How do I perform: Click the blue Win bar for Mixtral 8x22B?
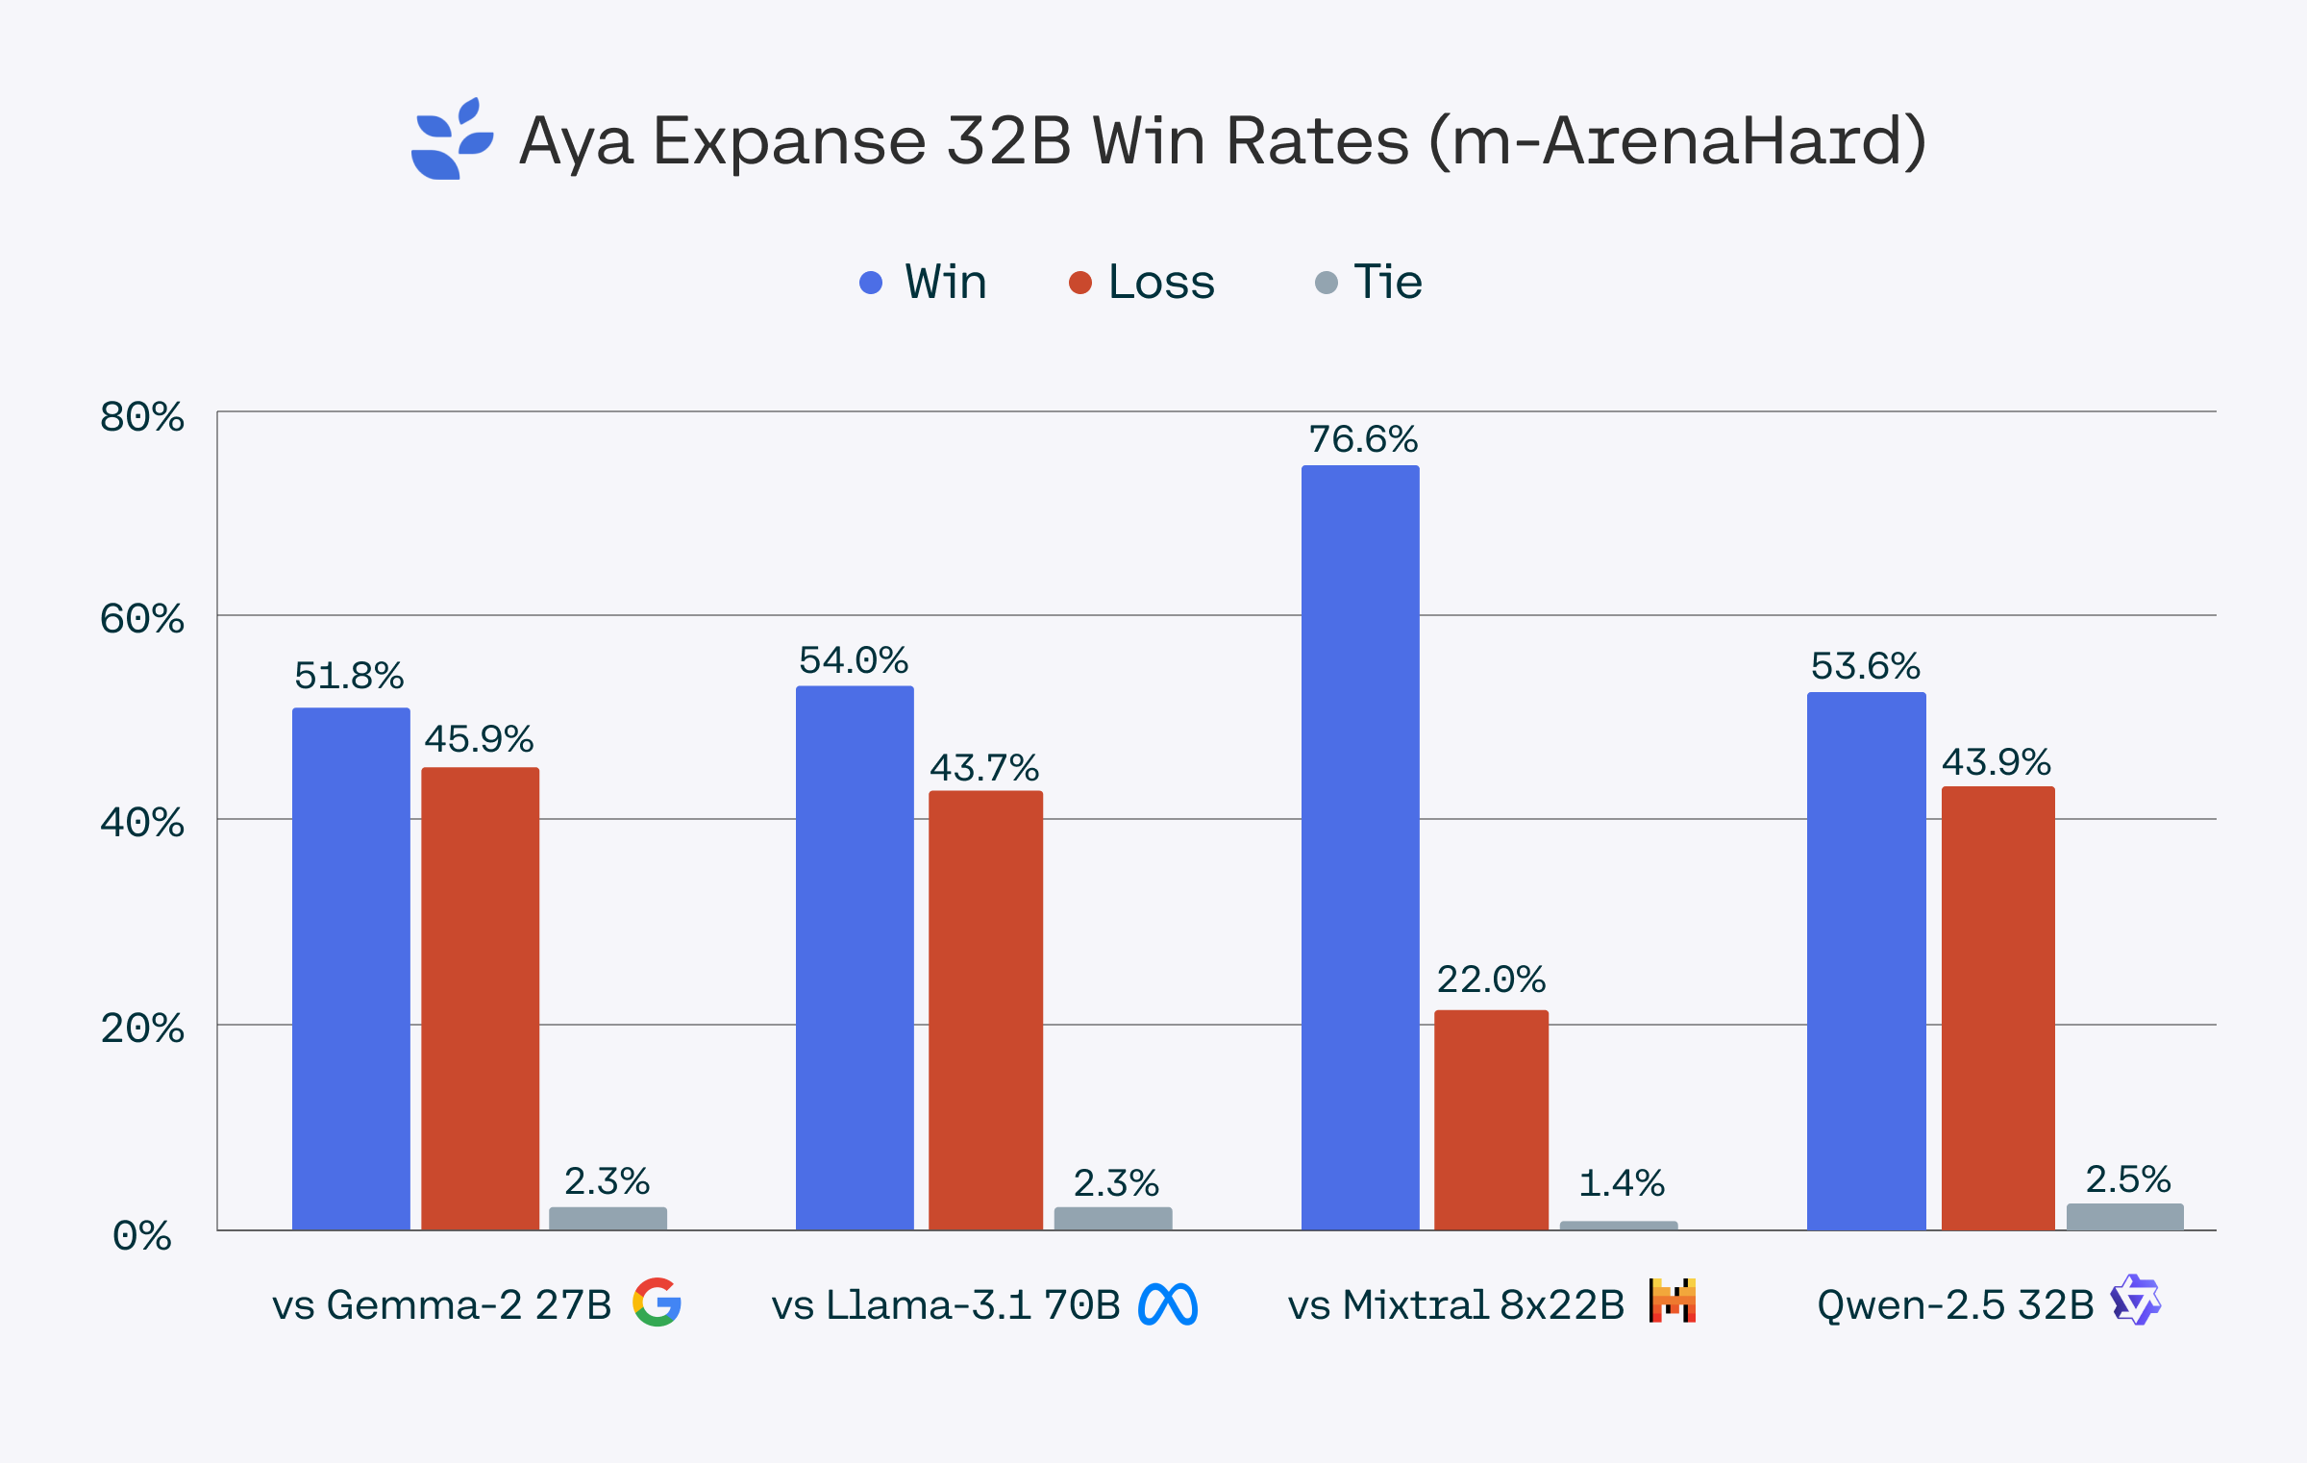point(1360,846)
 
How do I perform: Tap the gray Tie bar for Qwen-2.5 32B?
point(2124,1216)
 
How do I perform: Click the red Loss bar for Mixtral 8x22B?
point(1491,1120)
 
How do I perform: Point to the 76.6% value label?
point(1363,439)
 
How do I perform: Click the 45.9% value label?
point(479,739)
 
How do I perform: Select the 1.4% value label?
point(1622,1183)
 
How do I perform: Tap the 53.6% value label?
point(1865,666)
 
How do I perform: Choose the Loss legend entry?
point(1143,283)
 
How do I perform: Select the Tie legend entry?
point(1370,283)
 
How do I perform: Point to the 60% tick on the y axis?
point(142,619)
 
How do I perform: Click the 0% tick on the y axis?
point(142,1235)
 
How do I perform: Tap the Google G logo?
point(657,1302)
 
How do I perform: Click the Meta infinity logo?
point(1168,1304)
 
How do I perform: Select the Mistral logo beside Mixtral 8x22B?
point(1673,1301)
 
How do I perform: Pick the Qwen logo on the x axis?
point(2135,1301)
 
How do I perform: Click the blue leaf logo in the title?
point(452,139)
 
